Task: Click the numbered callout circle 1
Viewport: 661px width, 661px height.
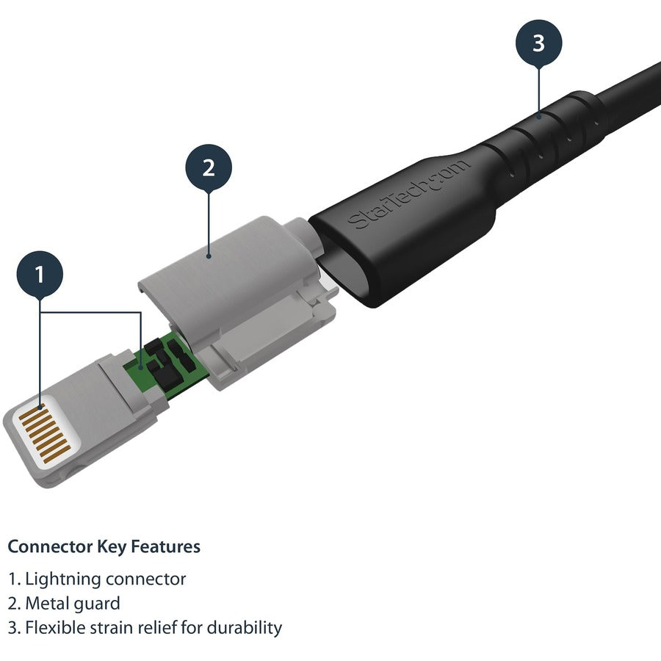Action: click(x=39, y=275)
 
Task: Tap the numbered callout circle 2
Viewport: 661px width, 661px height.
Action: click(x=208, y=168)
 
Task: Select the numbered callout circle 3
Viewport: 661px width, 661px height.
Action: click(x=538, y=43)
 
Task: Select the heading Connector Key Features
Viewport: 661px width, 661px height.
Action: click(x=104, y=546)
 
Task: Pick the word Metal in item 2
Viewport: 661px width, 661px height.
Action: click(x=48, y=604)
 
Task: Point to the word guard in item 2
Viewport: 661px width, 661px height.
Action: click(x=98, y=604)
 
